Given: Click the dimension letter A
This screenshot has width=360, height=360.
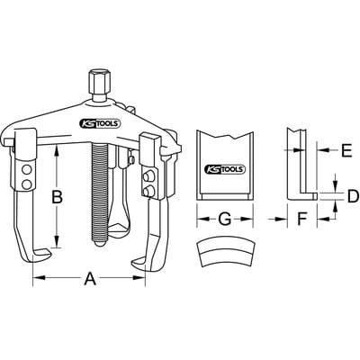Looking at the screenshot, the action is pos(90,278).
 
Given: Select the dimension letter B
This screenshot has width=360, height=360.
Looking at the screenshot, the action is pos(57,197).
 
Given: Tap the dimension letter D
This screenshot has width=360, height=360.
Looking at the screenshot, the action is pos(353,196).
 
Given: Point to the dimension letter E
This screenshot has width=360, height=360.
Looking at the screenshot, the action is pos(346,150).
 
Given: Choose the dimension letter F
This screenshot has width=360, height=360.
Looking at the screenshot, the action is pos(301,220).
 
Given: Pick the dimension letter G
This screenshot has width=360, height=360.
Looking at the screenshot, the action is pos(224,220).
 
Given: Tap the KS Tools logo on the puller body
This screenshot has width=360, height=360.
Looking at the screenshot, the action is pos(100,123).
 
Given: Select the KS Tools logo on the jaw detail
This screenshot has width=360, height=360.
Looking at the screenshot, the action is pos(225,169).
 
